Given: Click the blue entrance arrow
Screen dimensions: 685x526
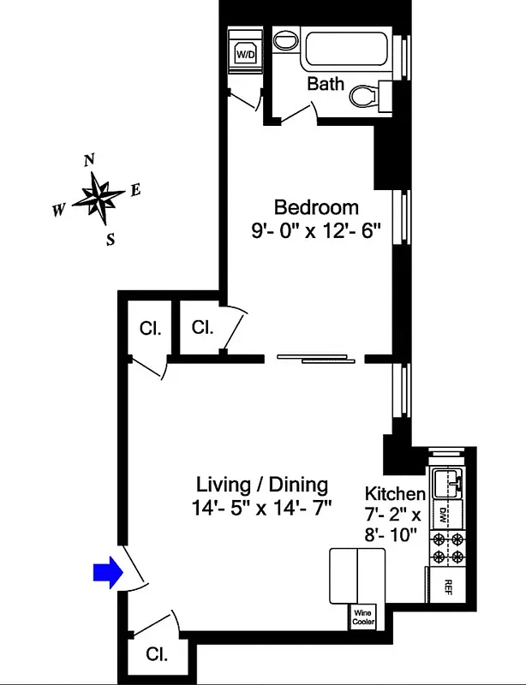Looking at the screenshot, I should (x=106, y=575).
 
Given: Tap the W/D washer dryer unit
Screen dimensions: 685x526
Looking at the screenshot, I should (x=246, y=54).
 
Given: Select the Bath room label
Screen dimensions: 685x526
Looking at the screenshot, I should (x=326, y=83).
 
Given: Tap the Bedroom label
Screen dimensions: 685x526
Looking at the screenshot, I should (x=316, y=207).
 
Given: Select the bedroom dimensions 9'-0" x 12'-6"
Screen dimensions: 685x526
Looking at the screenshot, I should (x=316, y=231).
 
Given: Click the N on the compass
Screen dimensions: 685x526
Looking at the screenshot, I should (x=88, y=160).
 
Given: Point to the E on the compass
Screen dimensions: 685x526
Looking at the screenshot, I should (x=135, y=190).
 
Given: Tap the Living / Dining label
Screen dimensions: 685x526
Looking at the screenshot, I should (x=260, y=485).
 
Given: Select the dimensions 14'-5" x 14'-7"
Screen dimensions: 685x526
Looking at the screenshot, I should (x=260, y=508).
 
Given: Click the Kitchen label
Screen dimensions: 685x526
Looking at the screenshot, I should (x=395, y=494).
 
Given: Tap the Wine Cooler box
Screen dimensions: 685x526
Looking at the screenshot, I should (x=362, y=616).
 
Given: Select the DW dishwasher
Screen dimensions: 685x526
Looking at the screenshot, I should (x=445, y=514).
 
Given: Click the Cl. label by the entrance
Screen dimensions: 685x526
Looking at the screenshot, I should (x=156, y=655).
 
